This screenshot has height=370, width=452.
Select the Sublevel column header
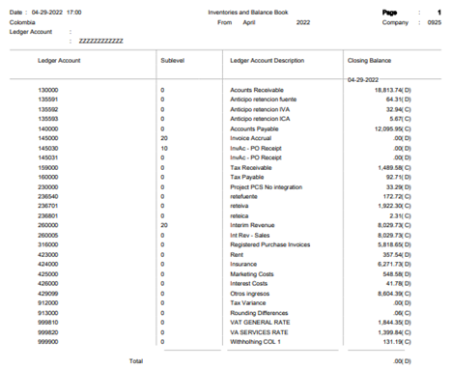tap(174, 60)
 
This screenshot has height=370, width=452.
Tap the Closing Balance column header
tap(371, 60)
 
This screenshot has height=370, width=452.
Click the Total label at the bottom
tap(135, 360)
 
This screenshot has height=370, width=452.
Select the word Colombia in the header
tap(22, 19)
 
